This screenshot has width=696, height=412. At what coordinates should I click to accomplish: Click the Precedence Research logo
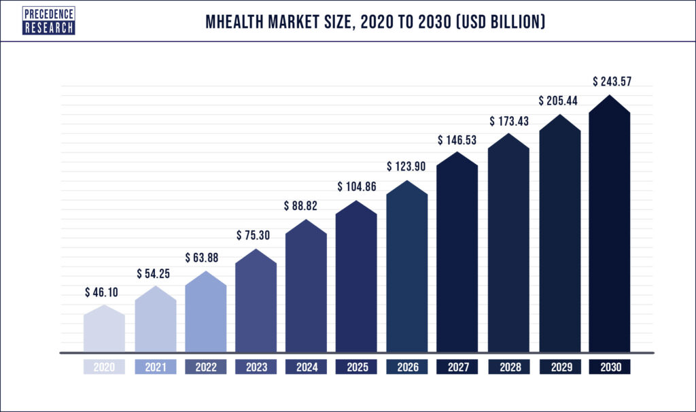coord(48,21)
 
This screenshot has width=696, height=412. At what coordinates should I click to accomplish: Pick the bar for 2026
coord(407,272)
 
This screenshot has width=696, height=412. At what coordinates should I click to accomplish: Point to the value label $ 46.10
coord(104,292)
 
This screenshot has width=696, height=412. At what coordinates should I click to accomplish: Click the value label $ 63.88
coord(205,258)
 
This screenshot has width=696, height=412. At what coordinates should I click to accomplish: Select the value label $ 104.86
coord(357,187)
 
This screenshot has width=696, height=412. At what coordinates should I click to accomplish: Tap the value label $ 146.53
coord(457,140)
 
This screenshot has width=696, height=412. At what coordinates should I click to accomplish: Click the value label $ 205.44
coord(559,101)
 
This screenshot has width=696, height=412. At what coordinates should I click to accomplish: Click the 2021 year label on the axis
coord(155,367)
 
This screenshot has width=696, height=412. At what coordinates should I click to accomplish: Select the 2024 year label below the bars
coord(307,367)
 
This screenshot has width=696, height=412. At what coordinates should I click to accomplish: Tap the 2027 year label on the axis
coord(457,367)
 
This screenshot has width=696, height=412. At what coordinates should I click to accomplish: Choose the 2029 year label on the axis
coord(559,367)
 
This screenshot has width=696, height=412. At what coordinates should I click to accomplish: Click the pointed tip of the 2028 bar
coord(508,135)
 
